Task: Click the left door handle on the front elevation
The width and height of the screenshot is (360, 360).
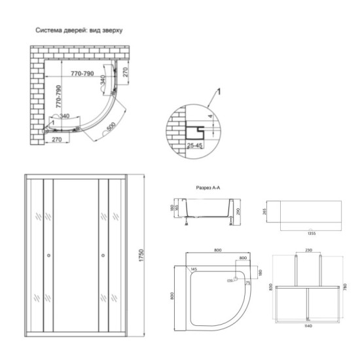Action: click(x=48, y=256)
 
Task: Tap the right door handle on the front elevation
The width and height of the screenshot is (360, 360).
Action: click(x=102, y=256)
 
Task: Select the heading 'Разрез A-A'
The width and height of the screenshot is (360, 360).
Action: click(x=209, y=186)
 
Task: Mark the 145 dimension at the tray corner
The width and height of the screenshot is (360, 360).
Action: click(x=194, y=270)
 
